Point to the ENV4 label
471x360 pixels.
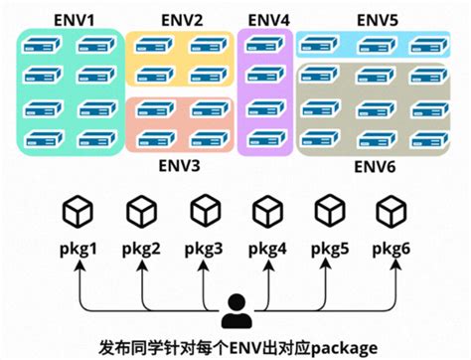click(x=268, y=19)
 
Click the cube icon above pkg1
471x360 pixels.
click(x=78, y=212)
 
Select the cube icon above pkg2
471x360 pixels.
click(x=141, y=212)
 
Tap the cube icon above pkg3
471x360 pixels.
click(x=204, y=212)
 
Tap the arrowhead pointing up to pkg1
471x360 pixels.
click(x=78, y=265)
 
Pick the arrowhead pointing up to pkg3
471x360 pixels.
click(x=204, y=265)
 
